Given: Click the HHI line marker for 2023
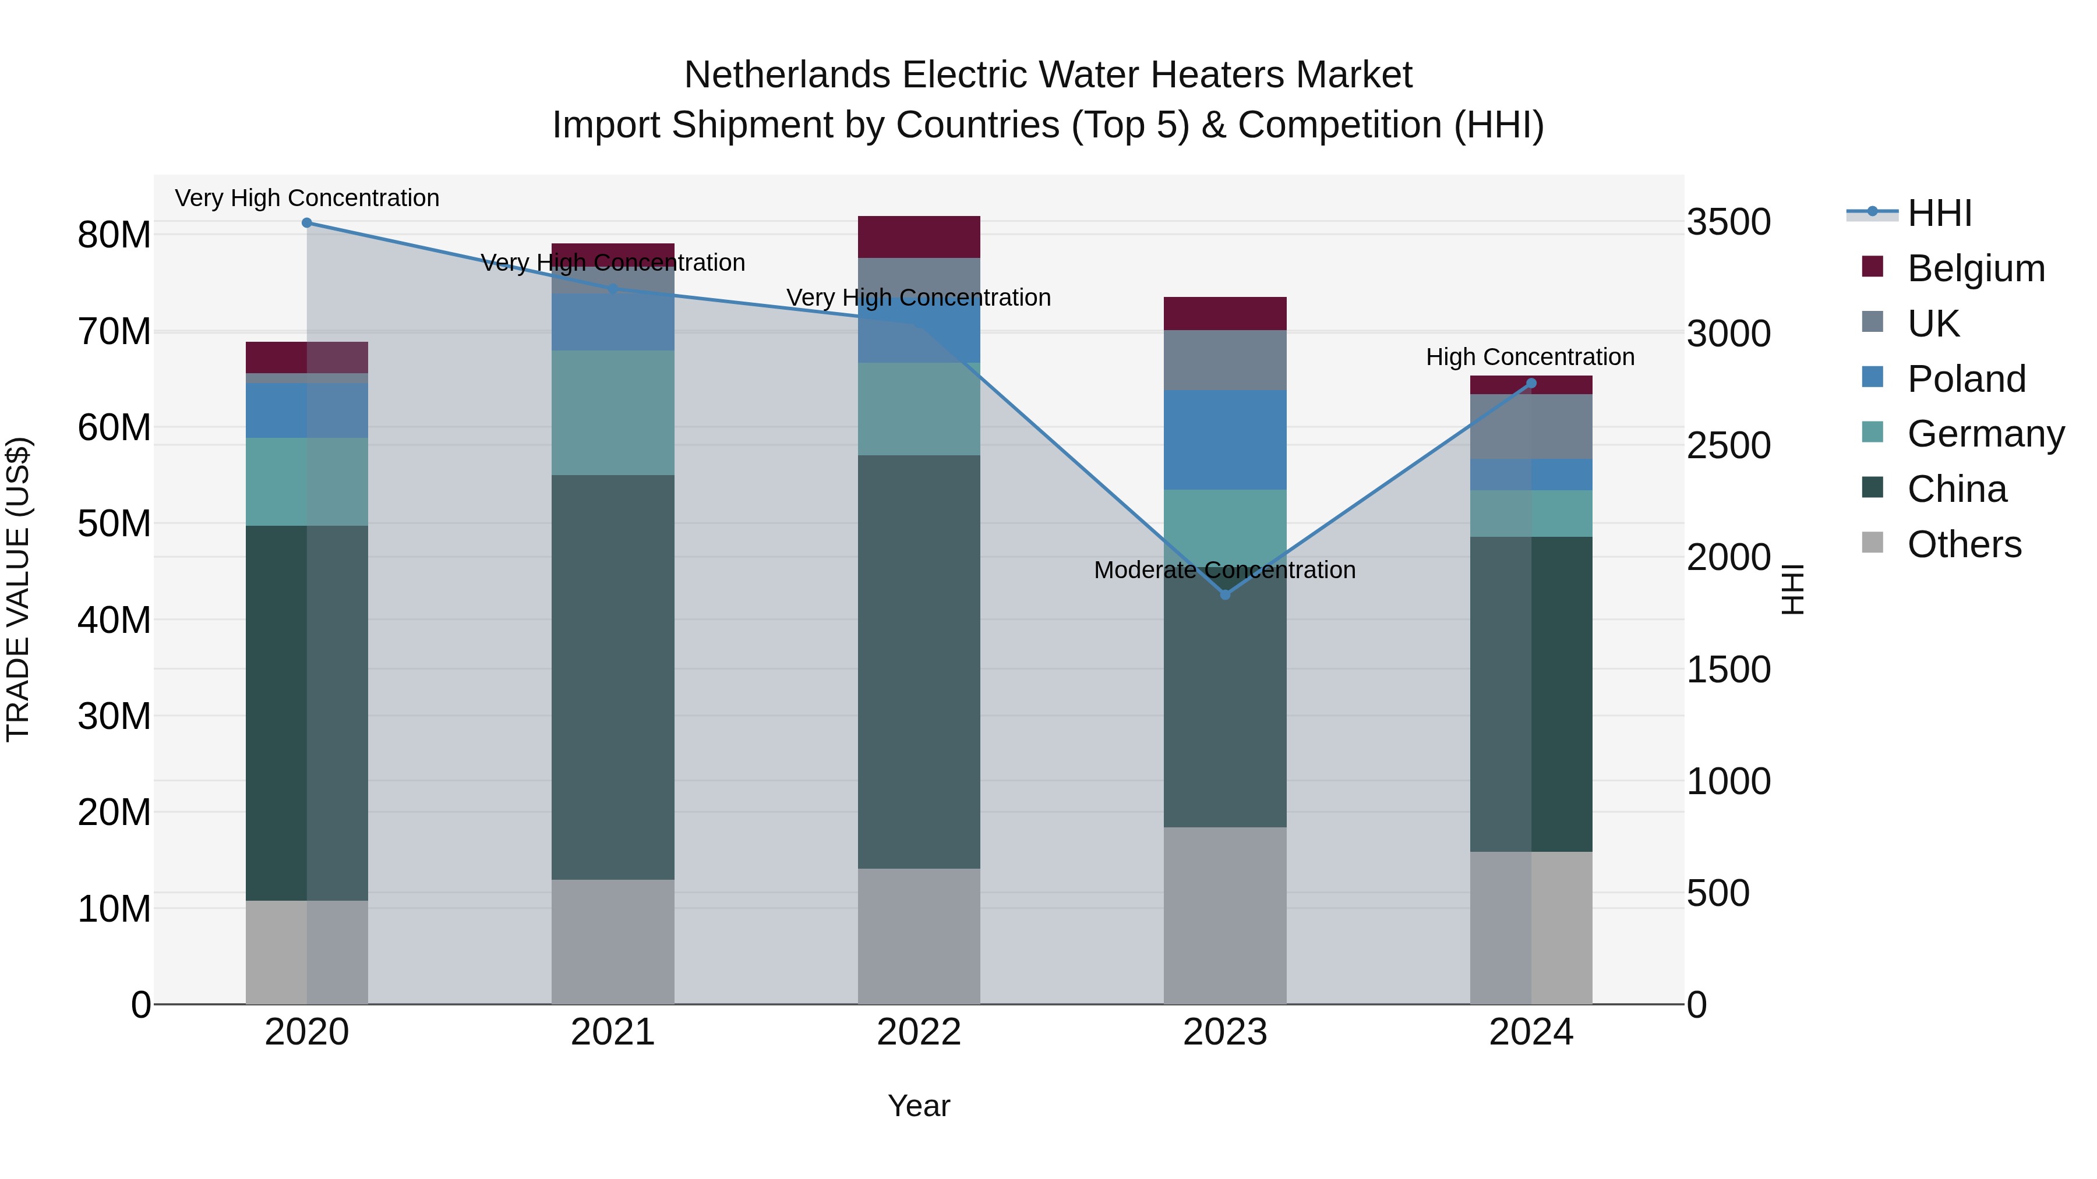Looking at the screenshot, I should [x=1224, y=595].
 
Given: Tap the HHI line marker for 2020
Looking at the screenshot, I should [x=307, y=223].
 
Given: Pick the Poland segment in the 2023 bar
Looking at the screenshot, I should [x=1224, y=440].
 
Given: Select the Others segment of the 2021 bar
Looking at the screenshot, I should [x=612, y=941].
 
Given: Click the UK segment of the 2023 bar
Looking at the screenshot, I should [x=1224, y=360].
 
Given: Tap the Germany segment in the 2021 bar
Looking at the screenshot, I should [x=612, y=413].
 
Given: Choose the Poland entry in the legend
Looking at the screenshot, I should [x=1966, y=379].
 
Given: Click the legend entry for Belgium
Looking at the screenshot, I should [x=1976, y=268].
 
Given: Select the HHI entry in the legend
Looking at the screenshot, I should [x=1939, y=213].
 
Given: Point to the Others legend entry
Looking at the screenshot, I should [x=1964, y=544].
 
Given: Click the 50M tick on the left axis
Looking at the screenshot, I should [x=114, y=523].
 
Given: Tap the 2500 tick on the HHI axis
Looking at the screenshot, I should [x=1728, y=446].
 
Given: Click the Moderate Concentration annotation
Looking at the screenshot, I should [x=1224, y=569].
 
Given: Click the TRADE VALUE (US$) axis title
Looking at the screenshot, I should [x=18, y=589].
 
